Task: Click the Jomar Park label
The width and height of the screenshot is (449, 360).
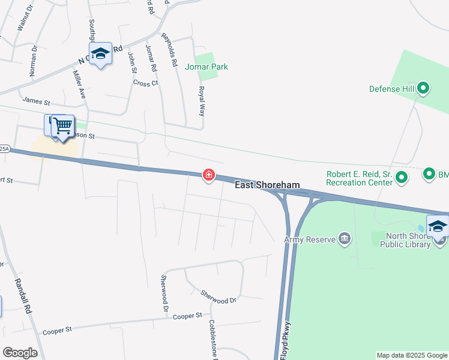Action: click(x=206, y=67)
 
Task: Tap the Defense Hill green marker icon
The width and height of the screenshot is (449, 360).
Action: click(x=423, y=89)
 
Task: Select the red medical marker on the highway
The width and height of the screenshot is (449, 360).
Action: click(x=209, y=175)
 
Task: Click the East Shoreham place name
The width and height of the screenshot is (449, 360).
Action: click(x=267, y=185)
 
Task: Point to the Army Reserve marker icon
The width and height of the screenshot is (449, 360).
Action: click(x=345, y=239)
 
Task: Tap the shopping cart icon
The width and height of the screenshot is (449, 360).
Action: click(x=62, y=126)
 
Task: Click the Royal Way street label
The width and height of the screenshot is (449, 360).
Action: click(x=203, y=100)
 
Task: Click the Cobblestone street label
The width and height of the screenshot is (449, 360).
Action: click(x=213, y=337)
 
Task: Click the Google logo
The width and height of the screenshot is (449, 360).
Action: click(x=20, y=353)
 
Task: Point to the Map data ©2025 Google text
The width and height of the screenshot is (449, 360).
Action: click(x=411, y=355)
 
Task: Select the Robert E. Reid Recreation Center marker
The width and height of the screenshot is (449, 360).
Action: click(x=402, y=177)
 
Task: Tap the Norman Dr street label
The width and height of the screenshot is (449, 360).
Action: click(x=34, y=61)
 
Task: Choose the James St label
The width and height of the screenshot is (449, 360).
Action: click(x=36, y=101)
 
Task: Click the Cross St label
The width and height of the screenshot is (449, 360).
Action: click(x=145, y=83)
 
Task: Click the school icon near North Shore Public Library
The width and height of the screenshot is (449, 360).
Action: click(x=438, y=226)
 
